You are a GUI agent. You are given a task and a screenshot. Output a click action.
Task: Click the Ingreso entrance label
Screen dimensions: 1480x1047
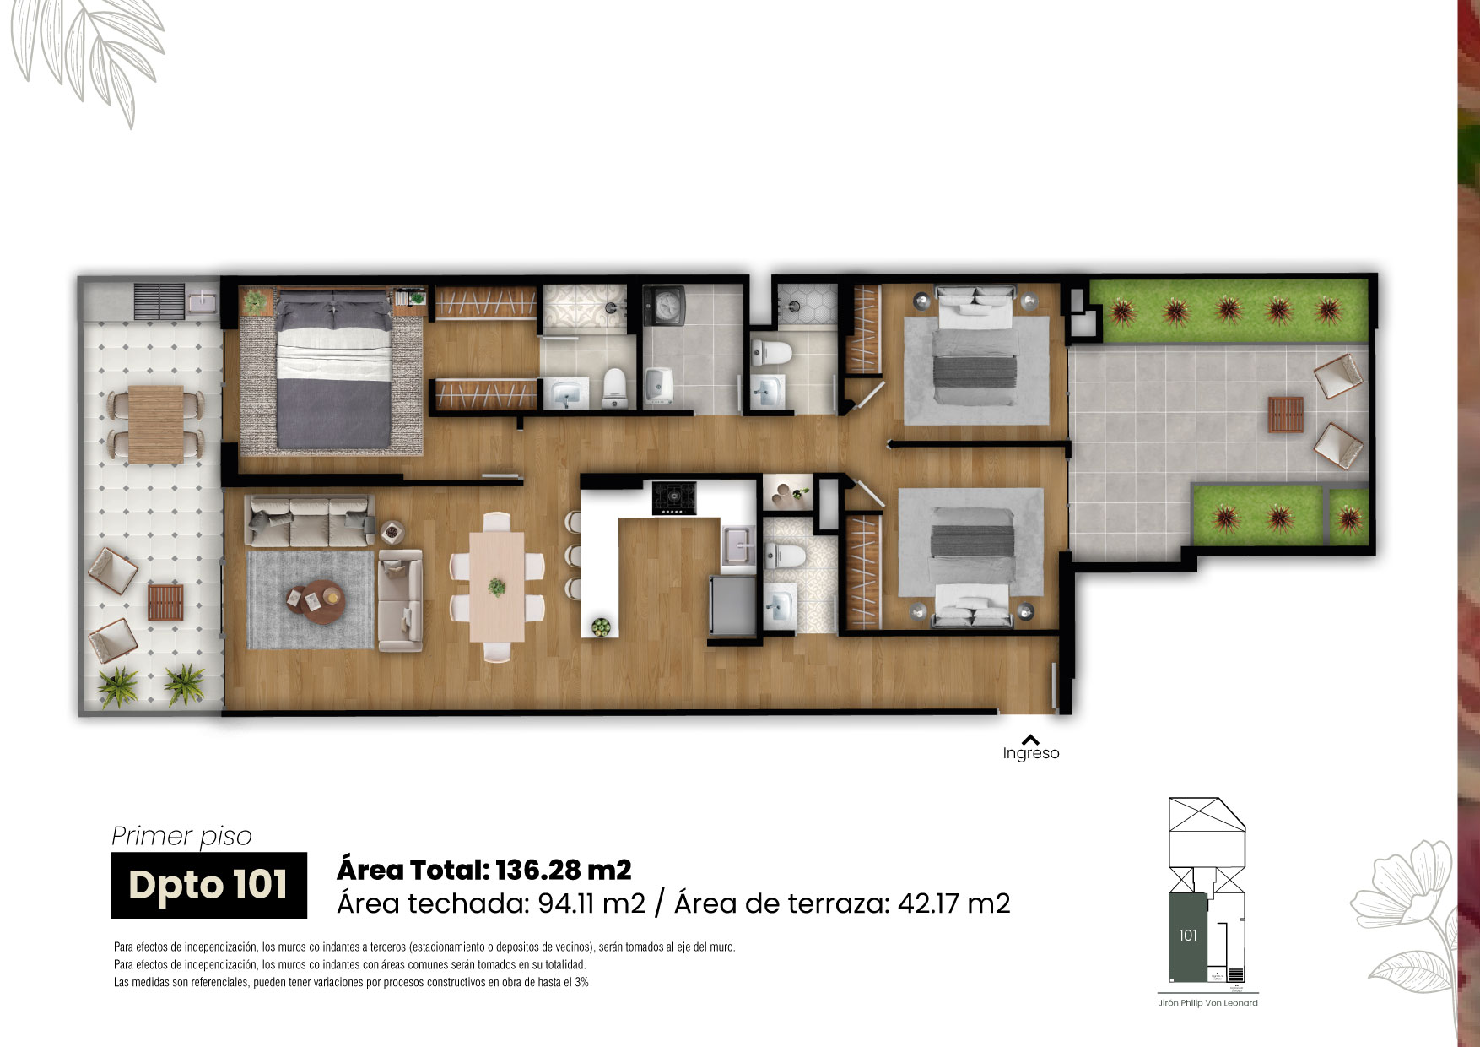click(1030, 753)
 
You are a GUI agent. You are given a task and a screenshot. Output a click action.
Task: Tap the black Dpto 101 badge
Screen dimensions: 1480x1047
click(209, 885)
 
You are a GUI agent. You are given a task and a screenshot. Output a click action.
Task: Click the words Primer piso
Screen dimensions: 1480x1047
click(181, 836)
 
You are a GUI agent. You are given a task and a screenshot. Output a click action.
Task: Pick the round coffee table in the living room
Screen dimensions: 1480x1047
click(315, 602)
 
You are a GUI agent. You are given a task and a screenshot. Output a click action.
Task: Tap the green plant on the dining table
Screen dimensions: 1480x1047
click(497, 585)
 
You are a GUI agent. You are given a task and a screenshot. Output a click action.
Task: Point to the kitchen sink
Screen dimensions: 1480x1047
click(739, 545)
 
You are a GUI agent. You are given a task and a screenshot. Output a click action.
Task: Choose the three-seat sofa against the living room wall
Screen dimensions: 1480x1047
click(309, 520)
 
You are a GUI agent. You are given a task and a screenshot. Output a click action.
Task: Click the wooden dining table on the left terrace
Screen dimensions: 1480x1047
click(155, 424)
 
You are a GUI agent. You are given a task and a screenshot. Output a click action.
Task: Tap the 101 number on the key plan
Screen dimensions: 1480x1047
click(1188, 935)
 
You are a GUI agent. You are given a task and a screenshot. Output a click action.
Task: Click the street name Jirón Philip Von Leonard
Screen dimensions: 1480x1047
click(1207, 1003)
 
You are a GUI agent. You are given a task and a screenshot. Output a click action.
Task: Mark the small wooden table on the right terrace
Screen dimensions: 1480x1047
click(1285, 414)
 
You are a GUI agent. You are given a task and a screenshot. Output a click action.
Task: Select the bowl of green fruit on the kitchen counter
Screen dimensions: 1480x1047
click(601, 627)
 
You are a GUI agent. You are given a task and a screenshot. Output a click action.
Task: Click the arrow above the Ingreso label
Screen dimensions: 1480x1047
click(1030, 739)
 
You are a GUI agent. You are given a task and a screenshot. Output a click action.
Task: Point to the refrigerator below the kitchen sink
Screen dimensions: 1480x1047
click(732, 605)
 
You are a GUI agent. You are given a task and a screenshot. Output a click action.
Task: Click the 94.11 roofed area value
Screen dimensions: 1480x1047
click(566, 903)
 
